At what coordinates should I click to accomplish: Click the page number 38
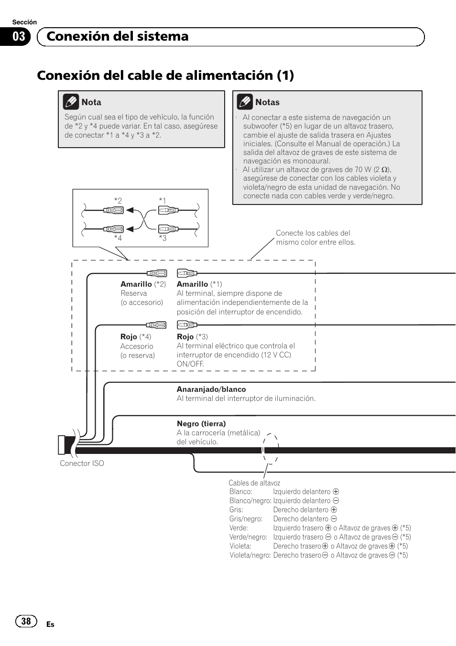[26, 621]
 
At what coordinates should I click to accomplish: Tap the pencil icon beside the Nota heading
[71, 102]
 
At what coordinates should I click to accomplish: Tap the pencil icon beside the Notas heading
[245, 102]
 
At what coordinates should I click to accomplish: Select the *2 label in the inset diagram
[118, 201]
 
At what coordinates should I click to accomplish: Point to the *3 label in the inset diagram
[163, 238]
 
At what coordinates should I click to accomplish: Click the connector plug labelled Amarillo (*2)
[157, 273]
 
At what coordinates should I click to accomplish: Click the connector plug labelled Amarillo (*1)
[187, 273]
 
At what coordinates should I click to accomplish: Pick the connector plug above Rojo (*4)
[156, 325]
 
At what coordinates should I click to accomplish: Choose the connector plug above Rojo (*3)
[187, 325]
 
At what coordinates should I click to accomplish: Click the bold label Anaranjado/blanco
[211, 389]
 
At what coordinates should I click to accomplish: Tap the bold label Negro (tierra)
[201, 424]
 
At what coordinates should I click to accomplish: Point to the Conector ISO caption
[82, 463]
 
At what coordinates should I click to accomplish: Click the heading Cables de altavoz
[254, 483]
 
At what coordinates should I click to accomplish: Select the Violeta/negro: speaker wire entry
[250, 555]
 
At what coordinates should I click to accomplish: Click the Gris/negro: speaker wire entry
[246, 519]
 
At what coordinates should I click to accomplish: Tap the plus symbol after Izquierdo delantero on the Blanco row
[336, 492]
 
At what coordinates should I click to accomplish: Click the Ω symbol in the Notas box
[384, 170]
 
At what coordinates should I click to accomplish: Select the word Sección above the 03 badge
[24, 22]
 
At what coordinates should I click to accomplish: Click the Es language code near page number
[50, 624]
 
